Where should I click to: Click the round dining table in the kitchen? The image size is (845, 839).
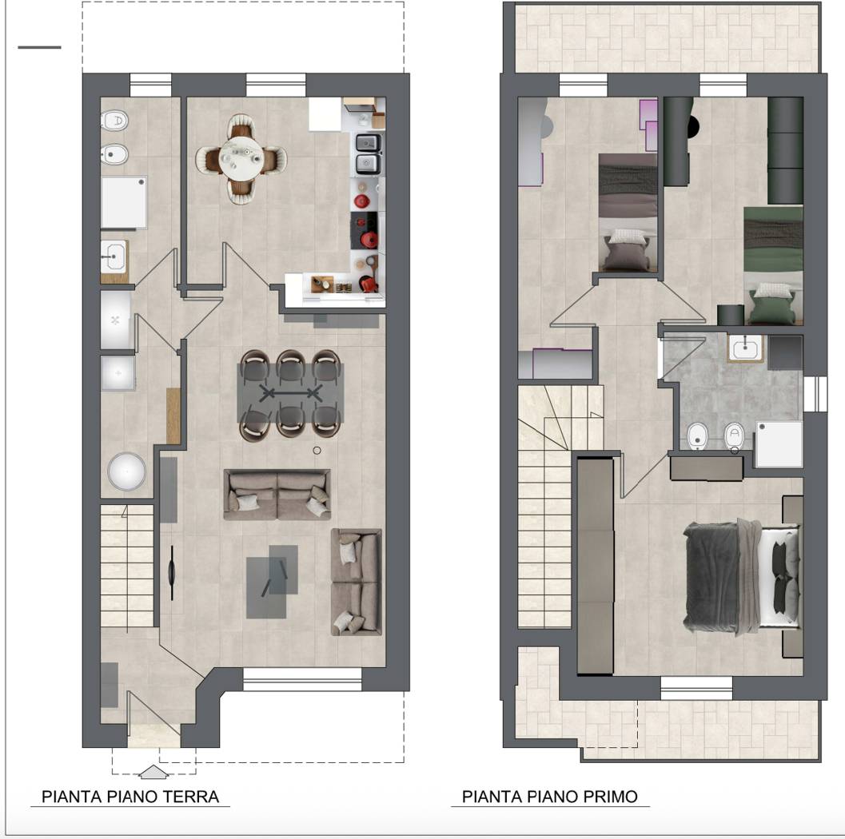[241, 159]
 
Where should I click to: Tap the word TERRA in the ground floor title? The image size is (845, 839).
[191, 797]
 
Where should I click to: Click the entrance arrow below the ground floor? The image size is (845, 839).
[153, 772]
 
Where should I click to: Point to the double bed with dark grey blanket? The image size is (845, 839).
[742, 576]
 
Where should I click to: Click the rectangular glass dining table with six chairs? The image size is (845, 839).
[290, 393]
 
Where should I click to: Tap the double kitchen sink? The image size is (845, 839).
[369, 153]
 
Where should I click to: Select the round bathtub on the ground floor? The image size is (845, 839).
[126, 471]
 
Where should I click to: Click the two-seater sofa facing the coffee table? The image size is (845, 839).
[277, 495]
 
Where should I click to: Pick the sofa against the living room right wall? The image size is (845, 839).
[357, 582]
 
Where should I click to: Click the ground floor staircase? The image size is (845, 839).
[127, 566]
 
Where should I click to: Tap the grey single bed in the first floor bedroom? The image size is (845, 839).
[628, 213]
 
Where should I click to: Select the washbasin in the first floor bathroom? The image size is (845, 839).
[745, 348]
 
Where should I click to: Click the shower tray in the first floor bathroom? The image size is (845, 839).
[779, 444]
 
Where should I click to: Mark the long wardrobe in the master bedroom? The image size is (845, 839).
[595, 566]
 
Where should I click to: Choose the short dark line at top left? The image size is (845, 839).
[39, 47]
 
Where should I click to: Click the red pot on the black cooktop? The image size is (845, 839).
[369, 239]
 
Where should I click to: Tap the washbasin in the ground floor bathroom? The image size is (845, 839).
[114, 257]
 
